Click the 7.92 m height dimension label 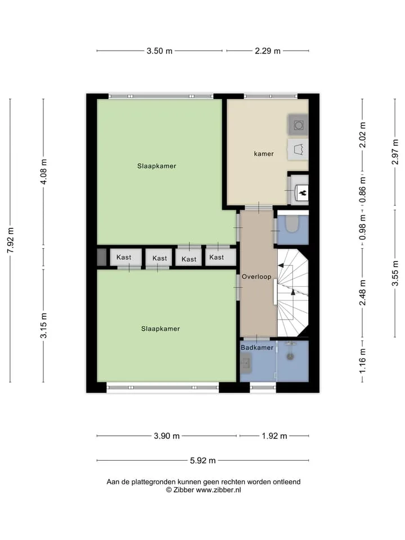point(11,240)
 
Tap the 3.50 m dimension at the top point(159,51)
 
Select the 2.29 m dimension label point(268,51)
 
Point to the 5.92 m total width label point(203,461)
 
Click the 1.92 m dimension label point(274,436)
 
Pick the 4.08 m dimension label point(44,172)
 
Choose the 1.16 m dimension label point(363,361)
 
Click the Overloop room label point(256,277)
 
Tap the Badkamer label point(257,348)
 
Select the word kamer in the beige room point(264,154)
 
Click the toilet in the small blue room point(292,224)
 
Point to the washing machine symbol point(298,125)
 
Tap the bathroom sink point(246,364)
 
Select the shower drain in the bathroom point(290,357)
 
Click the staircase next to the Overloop point(292,292)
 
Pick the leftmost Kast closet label point(124,257)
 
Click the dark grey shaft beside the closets point(102,257)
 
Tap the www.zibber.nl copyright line point(204,490)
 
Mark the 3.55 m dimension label point(395,273)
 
